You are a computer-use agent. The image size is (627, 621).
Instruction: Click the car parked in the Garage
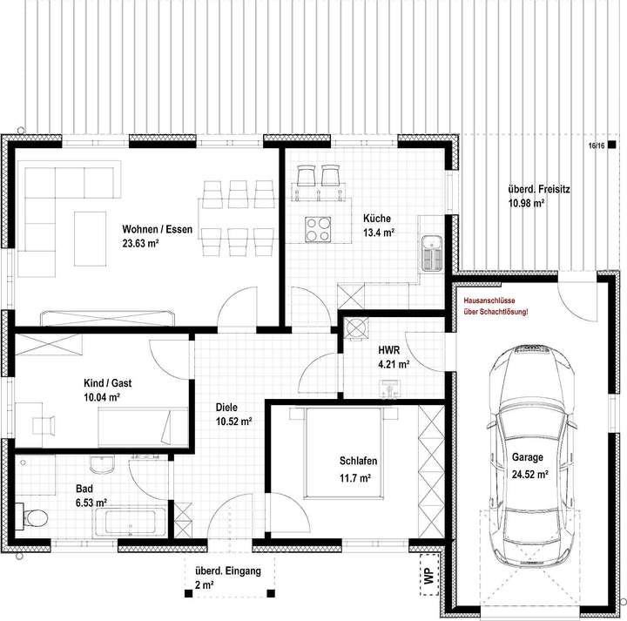coord(529,452)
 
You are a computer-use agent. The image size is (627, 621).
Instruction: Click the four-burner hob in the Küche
coord(320,228)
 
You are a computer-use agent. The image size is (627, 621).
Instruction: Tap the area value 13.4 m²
coord(379,233)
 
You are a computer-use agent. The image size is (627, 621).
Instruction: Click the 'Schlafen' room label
coord(358,462)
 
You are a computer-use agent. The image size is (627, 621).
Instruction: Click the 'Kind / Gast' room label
coord(102,381)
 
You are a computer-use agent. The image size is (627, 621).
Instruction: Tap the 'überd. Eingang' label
coord(222,571)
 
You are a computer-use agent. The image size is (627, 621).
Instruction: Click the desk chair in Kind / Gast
coord(44,422)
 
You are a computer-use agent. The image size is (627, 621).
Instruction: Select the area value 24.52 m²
coord(529,475)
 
